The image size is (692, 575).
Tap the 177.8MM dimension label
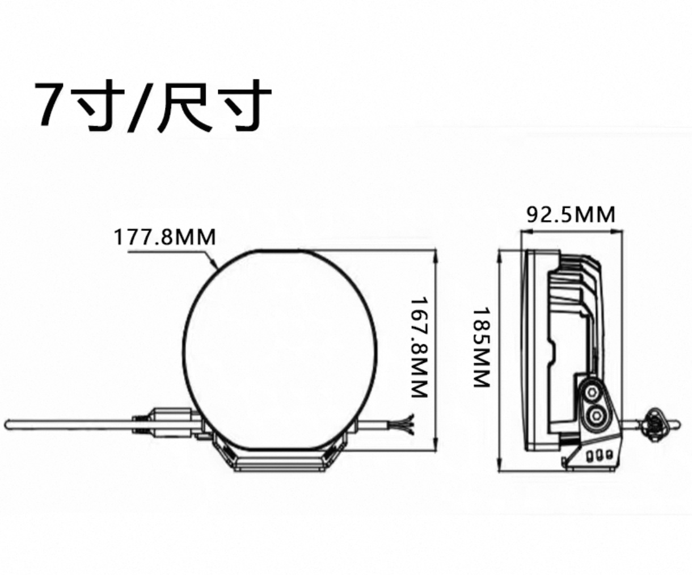[x=165, y=236]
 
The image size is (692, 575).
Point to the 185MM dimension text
[x=481, y=347]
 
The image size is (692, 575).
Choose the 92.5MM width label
[x=571, y=215]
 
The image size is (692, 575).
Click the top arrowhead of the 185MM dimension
[x=499, y=253]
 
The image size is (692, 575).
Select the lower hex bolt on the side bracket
[x=595, y=416]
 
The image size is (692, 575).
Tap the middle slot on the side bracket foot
[x=599, y=455]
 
